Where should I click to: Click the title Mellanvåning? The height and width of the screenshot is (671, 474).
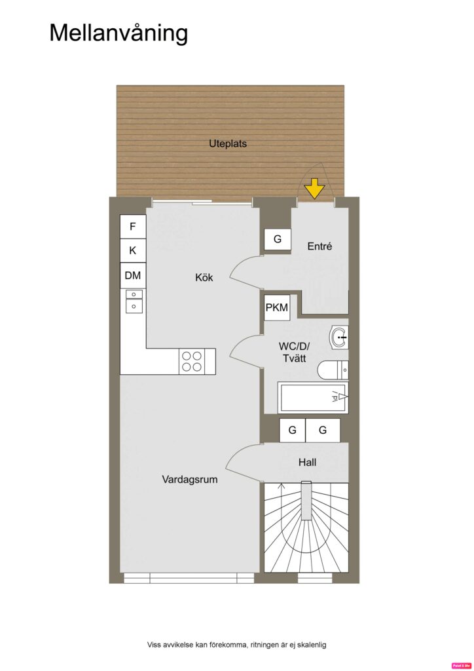[x=119, y=33]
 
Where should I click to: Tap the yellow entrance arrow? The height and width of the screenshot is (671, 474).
[x=315, y=189]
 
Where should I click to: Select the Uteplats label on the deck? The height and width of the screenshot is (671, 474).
[x=228, y=143]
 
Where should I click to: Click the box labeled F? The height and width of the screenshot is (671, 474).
[x=133, y=227]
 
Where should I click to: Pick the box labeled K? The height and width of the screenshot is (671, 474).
[x=133, y=250]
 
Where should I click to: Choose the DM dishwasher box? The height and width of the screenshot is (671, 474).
[x=133, y=275]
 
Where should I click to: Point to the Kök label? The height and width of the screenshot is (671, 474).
[x=204, y=277]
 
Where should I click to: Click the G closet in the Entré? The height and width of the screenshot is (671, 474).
[x=278, y=240]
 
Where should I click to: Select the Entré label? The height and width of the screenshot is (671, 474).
[x=320, y=246]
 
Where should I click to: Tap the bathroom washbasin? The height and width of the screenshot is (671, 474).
[x=340, y=337]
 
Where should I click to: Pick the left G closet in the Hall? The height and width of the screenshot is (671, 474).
[x=292, y=431]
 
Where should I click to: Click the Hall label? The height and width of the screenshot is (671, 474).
[x=307, y=462]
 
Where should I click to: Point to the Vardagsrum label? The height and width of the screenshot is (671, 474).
[x=190, y=479]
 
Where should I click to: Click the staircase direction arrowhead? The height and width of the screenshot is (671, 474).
[x=282, y=486]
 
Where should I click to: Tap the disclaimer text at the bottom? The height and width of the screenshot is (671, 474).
[x=236, y=645]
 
